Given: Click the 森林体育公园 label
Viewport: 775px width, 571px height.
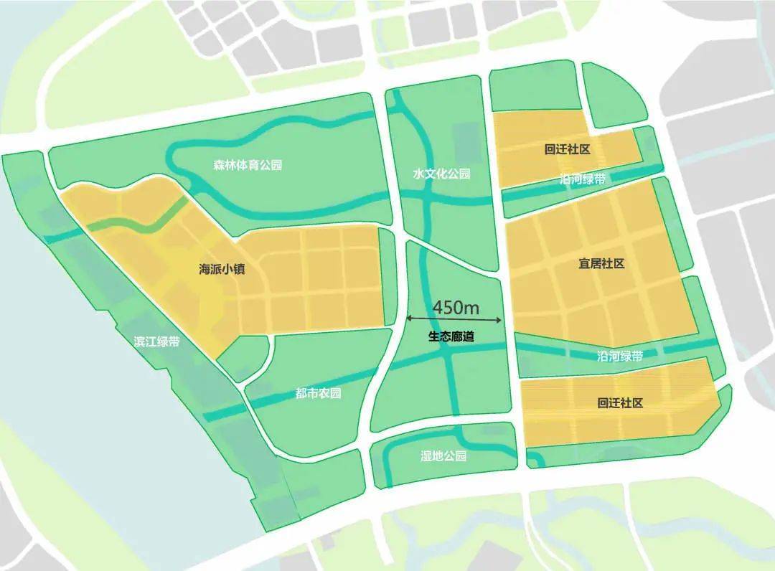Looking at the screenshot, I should click(248, 165).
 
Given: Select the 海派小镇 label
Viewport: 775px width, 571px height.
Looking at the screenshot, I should click(222, 270).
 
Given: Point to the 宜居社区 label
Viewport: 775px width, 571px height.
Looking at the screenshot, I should click(601, 263).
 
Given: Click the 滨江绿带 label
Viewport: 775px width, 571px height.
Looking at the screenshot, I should click(156, 341).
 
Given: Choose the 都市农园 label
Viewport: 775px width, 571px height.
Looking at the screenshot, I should click(318, 393).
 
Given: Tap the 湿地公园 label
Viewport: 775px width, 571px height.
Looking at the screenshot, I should click(443, 456).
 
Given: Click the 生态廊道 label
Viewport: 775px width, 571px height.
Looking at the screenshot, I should click(453, 336).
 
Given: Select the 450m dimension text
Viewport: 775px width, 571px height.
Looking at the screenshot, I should click(455, 307).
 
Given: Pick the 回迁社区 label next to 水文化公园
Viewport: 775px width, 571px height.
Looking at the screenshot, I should click(567, 149).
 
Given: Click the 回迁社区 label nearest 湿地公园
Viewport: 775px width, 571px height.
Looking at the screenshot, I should click(620, 403).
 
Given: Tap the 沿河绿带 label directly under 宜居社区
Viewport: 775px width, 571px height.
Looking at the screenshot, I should click(620, 355).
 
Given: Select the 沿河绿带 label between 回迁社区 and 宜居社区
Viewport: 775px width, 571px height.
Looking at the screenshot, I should click(582, 179).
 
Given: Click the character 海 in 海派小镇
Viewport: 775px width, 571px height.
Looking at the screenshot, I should click(205, 270).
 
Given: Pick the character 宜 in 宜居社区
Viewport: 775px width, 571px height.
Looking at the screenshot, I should click(584, 263).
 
